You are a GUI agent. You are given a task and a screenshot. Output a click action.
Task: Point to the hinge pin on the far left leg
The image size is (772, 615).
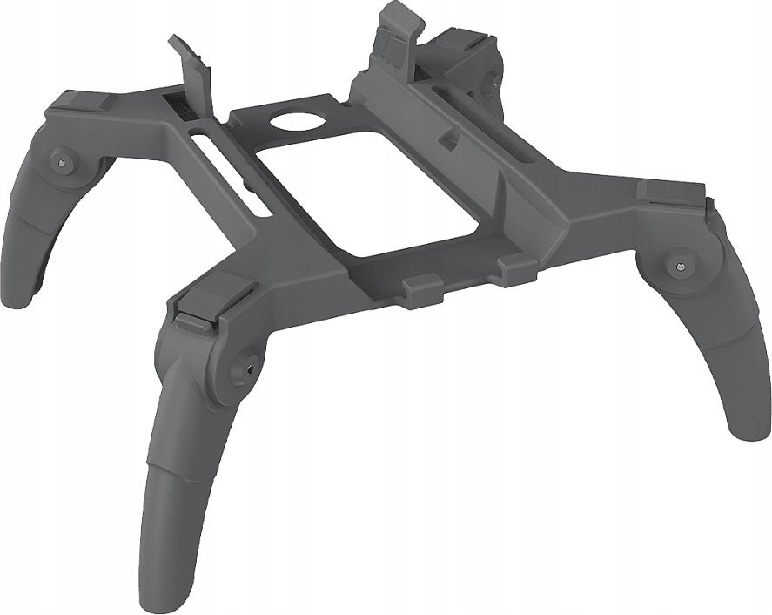point(64,160)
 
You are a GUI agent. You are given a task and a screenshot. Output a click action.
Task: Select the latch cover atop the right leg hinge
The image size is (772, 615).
point(670,195)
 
